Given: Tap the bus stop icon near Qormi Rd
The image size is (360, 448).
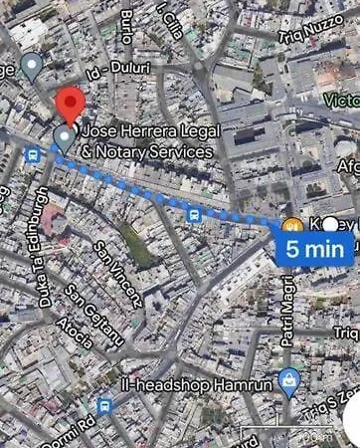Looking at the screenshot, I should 104,405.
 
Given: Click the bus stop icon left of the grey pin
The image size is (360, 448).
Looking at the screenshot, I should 34,155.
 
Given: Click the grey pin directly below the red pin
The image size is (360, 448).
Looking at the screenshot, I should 65,137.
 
